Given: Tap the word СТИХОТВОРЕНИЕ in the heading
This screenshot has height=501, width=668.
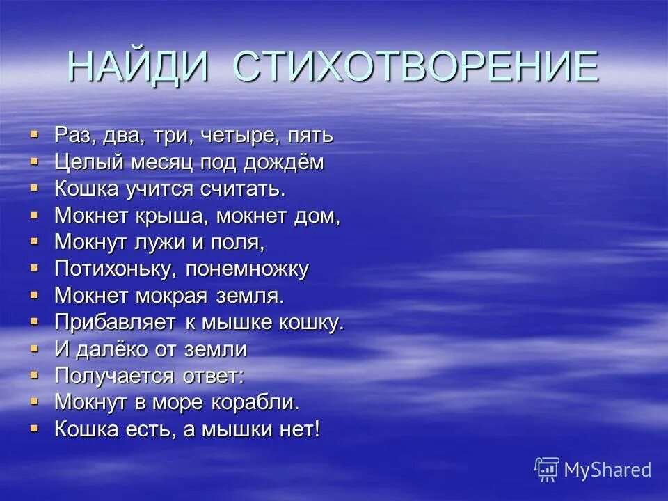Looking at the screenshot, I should click(x=415, y=67).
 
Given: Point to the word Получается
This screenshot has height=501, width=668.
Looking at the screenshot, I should click(x=114, y=376).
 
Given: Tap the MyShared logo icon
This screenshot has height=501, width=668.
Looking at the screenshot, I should click(x=546, y=470).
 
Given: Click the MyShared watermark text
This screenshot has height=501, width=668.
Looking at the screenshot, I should click(x=607, y=470).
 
